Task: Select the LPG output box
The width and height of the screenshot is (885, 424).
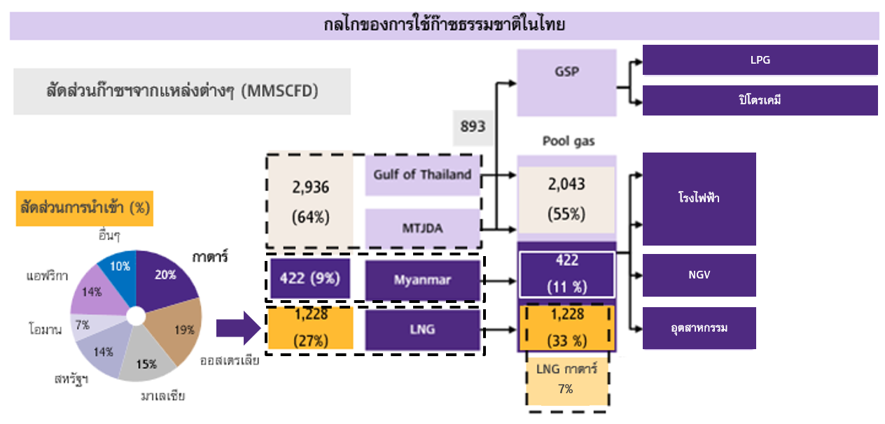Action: click(760, 60)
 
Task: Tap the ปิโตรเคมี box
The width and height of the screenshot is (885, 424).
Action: click(760, 100)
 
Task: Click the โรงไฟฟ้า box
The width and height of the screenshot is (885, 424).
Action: click(699, 199)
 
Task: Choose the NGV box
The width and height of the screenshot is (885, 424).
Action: click(699, 275)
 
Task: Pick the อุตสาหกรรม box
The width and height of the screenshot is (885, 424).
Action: click(699, 328)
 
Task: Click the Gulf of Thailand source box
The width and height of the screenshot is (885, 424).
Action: click(422, 175)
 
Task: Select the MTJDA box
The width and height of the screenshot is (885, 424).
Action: click(422, 227)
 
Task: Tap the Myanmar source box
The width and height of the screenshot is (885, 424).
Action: click(422, 280)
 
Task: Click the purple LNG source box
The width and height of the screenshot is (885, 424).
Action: click(422, 329)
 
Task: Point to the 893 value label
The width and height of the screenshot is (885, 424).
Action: click(473, 127)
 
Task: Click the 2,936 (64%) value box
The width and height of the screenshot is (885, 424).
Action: click(310, 202)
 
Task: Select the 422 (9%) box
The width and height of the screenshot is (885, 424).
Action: click(310, 278)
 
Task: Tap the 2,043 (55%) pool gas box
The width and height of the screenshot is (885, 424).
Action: click(566, 199)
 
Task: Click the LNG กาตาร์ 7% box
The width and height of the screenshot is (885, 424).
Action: click(566, 379)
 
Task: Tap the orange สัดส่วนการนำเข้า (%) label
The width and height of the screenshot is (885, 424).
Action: click(84, 208)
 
